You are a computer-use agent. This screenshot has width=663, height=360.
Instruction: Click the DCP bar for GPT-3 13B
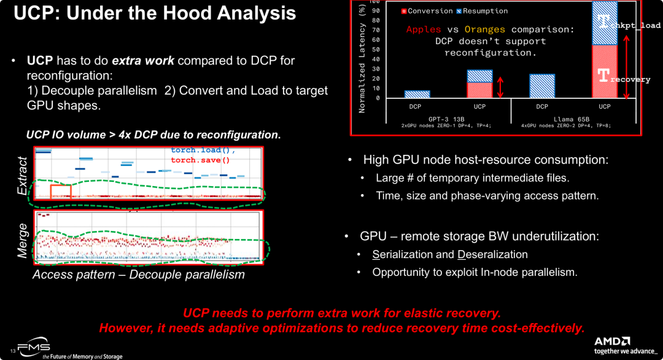click(x=417, y=94)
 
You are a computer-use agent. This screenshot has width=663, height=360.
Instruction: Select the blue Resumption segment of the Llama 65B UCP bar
click(x=605, y=23)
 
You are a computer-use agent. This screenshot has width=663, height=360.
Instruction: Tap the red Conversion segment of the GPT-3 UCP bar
click(x=479, y=90)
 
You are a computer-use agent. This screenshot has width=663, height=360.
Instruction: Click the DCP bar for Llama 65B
click(x=542, y=86)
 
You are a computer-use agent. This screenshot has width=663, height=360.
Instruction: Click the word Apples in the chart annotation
click(x=424, y=29)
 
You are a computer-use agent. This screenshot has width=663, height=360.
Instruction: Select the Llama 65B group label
click(x=572, y=119)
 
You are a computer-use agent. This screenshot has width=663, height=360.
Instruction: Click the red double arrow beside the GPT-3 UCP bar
click(x=500, y=87)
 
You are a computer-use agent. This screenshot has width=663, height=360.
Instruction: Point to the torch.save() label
click(x=200, y=160)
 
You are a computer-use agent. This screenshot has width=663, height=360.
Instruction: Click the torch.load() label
click(x=203, y=151)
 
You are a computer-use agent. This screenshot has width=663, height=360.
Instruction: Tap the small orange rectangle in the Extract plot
click(x=61, y=191)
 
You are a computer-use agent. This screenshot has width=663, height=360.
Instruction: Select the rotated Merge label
click(x=23, y=240)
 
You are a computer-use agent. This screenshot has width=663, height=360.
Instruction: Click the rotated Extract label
click(x=23, y=176)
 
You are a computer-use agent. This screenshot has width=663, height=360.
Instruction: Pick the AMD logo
click(x=612, y=341)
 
